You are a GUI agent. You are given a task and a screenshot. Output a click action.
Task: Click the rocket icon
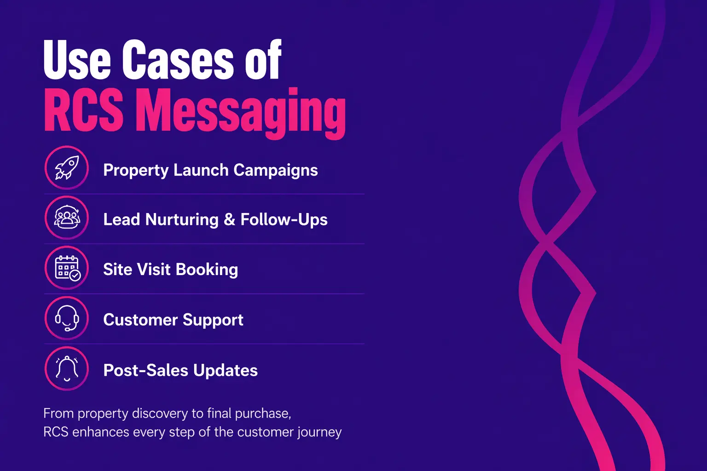[x=67, y=168]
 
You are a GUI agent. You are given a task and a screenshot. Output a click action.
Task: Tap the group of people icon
[x=67, y=218]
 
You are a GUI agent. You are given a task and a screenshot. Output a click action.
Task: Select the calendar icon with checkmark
[x=67, y=268]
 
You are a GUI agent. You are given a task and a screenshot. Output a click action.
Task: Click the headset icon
[x=67, y=318]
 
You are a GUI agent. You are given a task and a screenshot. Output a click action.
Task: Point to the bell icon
[x=67, y=368]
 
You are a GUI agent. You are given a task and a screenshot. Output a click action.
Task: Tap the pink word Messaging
[x=242, y=112]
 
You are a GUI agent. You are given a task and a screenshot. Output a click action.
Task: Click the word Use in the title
[x=77, y=60]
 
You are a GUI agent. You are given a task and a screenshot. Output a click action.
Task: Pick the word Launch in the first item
[x=201, y=170]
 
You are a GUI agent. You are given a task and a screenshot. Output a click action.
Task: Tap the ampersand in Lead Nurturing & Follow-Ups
[x=229, y=220]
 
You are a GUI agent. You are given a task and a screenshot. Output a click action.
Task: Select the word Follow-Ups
[x=284, y=220]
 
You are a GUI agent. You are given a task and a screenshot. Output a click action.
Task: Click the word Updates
[x=225, y=370]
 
